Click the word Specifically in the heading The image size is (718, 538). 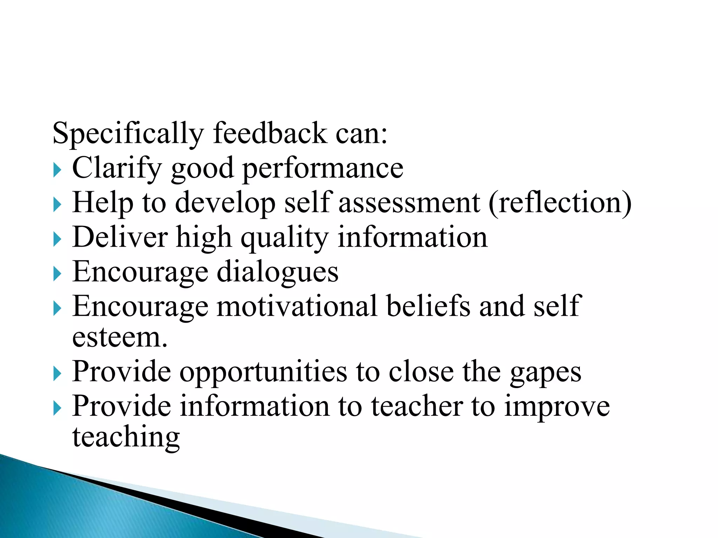128,134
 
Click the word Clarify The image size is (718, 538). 117,168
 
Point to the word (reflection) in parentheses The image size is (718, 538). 560,203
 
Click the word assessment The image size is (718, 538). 409,203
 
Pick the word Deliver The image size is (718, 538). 120,237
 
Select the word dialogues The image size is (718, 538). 278,272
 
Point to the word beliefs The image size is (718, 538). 428,306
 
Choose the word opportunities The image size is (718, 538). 263,372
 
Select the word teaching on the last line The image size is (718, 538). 126,437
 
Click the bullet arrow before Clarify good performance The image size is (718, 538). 57,171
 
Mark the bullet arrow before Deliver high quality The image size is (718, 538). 57,240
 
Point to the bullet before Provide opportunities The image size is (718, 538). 57,375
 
